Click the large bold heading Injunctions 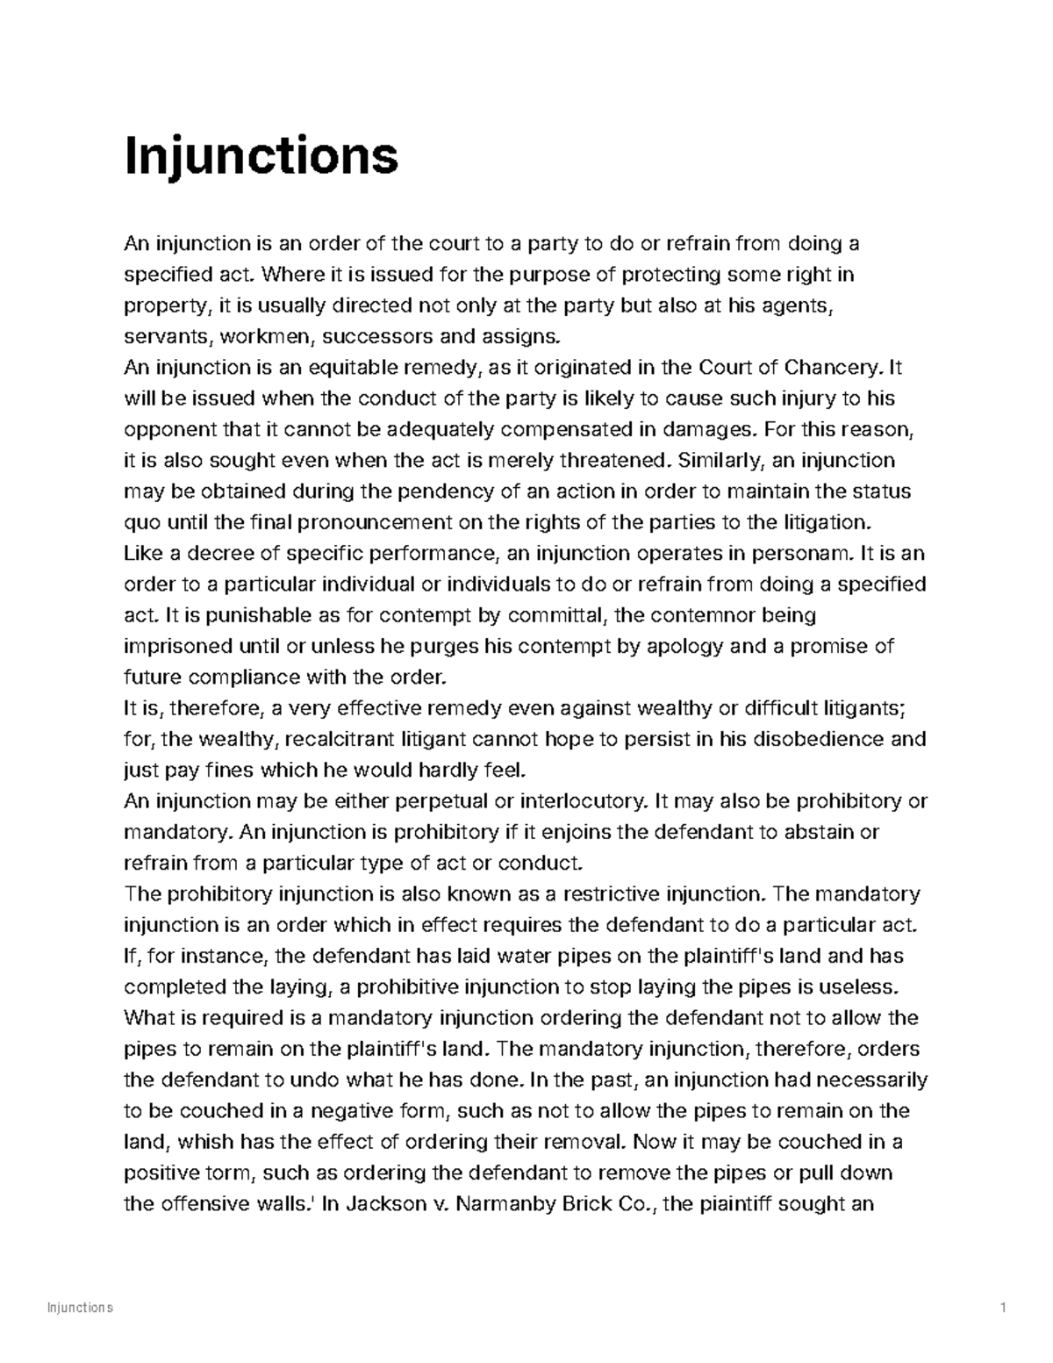pyautogui.click(x=261, y=158)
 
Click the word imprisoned pyautogui.click(x=178, y=647)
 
